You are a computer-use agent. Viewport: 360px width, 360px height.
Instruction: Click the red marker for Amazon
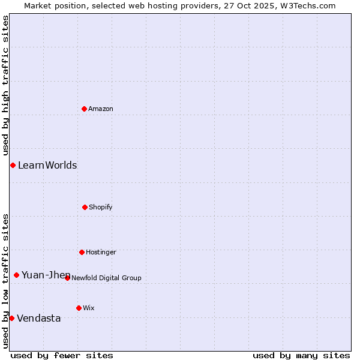click(x=84, y=109)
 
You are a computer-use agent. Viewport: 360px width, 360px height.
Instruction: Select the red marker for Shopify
click(x=85, y=207)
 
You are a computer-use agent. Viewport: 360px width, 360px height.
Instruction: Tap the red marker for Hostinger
click(x=82, y=252)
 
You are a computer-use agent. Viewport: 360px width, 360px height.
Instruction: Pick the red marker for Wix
click(x=79, y=308)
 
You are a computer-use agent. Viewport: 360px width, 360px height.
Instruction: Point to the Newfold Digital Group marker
click(x=67, y=278)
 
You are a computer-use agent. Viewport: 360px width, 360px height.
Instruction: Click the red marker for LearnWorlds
click(x=13, y=165)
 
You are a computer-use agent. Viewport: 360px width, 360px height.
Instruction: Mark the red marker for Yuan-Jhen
click(x=16, y=275)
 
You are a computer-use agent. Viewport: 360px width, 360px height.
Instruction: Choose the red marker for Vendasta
click(x=12, y=318)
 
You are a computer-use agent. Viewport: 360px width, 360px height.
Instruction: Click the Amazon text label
click(x=101, y=109)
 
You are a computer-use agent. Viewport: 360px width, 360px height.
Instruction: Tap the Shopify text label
click(x=101, y=207)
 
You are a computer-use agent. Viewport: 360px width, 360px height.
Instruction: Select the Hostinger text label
click(x=101, y=252)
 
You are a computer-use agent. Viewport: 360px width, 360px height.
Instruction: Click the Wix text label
click(x=89, y=308)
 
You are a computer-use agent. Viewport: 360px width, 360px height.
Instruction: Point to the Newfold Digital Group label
click(x=107, y=278)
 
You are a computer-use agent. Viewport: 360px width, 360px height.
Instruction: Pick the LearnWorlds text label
click(x=47, y=165)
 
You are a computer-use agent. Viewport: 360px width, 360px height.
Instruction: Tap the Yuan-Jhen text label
click(x=46, y=275)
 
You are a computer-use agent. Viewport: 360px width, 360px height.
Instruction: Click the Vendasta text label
click(x=39, y=318)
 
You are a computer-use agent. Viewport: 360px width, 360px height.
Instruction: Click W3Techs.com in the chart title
click(x=306, y=5)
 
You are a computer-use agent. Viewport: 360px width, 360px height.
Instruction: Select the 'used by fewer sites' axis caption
click(x=62, y=355)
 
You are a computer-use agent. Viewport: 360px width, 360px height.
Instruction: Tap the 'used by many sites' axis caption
click(x=301, y=355)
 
